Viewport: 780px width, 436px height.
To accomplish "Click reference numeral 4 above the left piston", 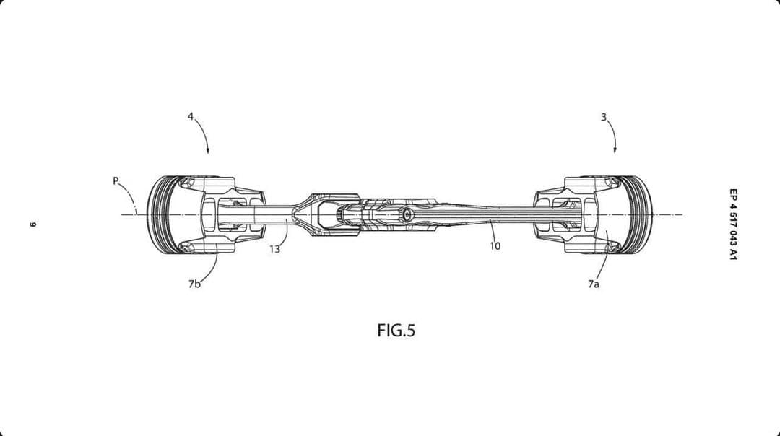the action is [191, 116].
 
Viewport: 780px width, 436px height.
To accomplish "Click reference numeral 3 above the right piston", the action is [603, 118].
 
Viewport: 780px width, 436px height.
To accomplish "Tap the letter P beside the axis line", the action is [116, 180].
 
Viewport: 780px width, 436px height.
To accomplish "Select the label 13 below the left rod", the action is [275, 248].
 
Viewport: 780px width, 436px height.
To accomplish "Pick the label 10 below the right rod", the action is [495, 245].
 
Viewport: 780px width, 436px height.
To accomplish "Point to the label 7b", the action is [194, 284].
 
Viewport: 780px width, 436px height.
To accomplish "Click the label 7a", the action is [594, 284].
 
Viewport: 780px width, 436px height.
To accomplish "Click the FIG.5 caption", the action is [396, 330].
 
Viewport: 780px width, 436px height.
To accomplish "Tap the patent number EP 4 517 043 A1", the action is [733, 224].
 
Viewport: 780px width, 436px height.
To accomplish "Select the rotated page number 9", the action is [33, 224].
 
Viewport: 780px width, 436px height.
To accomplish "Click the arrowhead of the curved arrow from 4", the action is [208, 151].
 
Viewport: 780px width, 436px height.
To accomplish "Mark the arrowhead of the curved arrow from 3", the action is [615, 149].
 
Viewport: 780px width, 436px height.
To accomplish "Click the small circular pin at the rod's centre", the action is [407, 215].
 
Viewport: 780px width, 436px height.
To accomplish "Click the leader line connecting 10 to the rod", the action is [492, 230].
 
